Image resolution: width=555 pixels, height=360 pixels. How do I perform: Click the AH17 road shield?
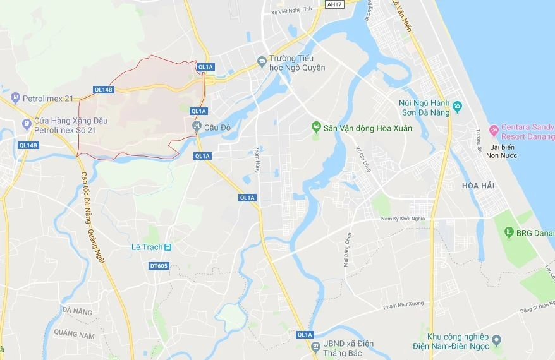pos(334,4)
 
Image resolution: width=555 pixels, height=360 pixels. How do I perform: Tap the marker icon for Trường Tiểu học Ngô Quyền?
pos(262,61)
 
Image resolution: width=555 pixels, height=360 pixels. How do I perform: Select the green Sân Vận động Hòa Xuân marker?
pos(316,128)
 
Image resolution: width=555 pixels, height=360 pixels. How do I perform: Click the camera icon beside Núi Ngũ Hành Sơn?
pos(457,105)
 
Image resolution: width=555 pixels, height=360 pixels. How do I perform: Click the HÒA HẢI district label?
pos(478,186)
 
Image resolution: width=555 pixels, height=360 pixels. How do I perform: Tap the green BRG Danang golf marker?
pos(508,233)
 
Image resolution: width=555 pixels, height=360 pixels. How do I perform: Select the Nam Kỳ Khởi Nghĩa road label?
pos(403,219)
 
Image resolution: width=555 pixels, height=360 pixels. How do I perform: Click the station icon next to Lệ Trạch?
pos(168,247)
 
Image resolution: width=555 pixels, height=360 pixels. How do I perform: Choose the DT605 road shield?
pos(159,266)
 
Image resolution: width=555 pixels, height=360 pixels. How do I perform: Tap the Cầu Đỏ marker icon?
pos(197,127)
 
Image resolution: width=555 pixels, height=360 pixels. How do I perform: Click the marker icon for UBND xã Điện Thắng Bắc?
pos(315,347)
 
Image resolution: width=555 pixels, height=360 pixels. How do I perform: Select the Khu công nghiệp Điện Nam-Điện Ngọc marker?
pos(497,340)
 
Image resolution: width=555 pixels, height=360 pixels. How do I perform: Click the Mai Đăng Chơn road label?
pos(346,249)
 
